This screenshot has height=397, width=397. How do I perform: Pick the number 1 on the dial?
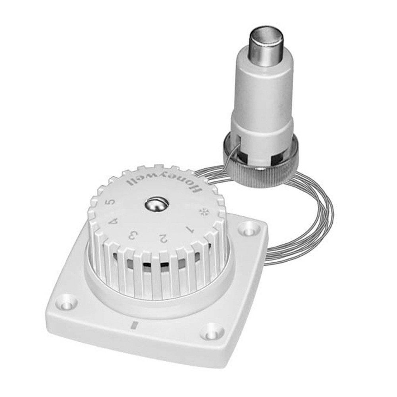point(189,229)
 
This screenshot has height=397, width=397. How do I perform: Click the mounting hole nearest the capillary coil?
point(249,229)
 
